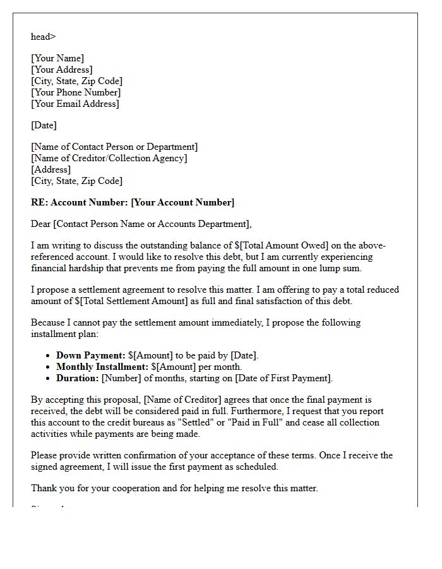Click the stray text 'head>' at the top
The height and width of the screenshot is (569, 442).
tap(43, 37)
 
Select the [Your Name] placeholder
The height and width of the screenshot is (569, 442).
tap(57, 58)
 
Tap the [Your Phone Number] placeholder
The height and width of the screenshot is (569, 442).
tap(76, 92)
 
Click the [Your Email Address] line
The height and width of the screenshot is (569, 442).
tap(75, 104)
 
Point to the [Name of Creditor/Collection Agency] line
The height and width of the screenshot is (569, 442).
tap(109, 158)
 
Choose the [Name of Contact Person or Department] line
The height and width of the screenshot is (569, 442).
tap(114, 147)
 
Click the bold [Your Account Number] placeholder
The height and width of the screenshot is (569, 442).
tap(182, 202)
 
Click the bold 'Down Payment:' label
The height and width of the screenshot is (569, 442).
tap(90, 355)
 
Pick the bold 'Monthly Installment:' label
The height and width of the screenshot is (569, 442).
tap(102, 367)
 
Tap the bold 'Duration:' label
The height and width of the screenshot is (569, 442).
tap(78, 378)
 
